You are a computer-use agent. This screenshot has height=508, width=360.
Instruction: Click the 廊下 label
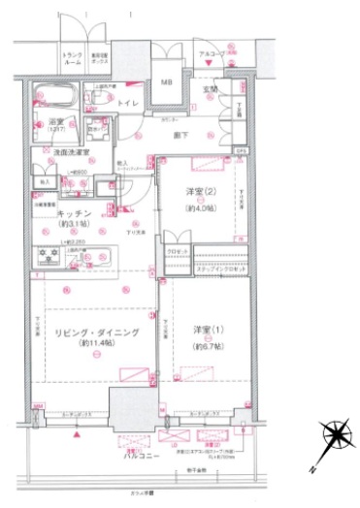click(x=180, y=137)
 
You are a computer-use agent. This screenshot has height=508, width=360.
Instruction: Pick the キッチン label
click(x=74, y=213)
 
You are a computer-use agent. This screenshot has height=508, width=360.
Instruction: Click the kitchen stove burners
click(x=49, y=257)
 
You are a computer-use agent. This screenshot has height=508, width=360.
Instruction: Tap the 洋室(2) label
click(x=200, y=192)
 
